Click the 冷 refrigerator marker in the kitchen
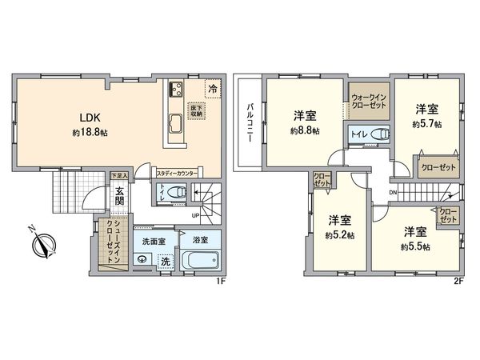point(212,90)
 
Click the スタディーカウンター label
point(177,172)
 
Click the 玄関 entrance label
point(118,196)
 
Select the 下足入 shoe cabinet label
point(118,174)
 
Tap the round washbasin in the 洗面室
point(142,258)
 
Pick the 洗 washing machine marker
point(165,261)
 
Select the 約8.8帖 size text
point(305,130)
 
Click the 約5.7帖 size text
point(427,125)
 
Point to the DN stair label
point(393,192)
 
